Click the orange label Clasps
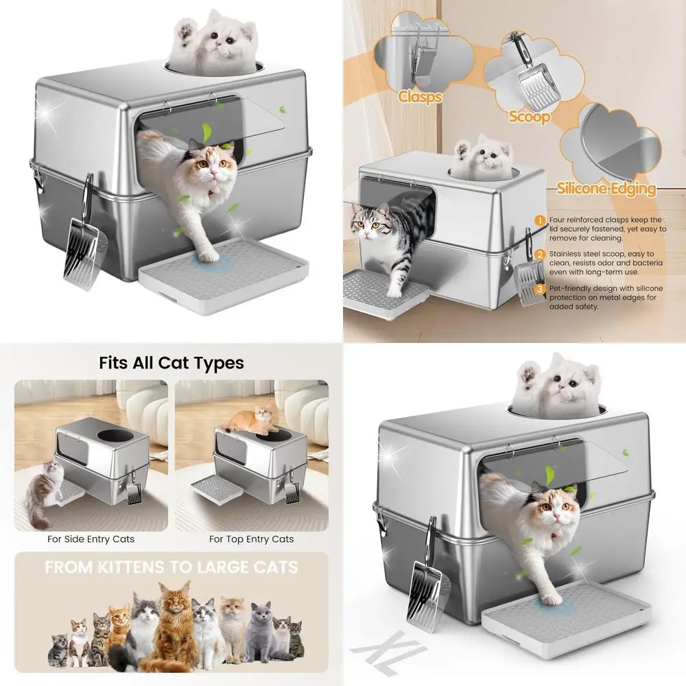click(420, 97)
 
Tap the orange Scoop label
click(529, 117)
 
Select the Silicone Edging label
click(606, 189)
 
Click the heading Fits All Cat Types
click(171, 362)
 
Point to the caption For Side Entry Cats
click(91, 539)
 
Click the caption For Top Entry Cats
click(251, 539)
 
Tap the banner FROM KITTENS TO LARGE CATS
click(171, 568)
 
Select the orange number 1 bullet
click(540, 220)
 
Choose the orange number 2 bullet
click(540, 254)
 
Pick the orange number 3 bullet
click(540, 289)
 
